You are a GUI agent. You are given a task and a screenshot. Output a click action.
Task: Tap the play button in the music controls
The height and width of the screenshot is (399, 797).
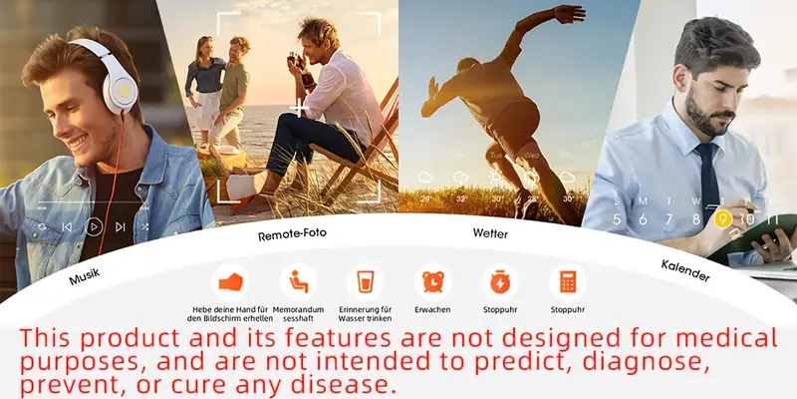tap(94, 227)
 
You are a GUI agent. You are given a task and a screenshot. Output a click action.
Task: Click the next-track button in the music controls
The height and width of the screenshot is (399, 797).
tap(121, 227)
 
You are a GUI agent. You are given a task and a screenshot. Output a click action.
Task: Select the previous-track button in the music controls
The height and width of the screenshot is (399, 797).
tap(67, 227)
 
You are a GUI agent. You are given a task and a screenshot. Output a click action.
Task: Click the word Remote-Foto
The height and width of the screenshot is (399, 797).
tap(292, 234)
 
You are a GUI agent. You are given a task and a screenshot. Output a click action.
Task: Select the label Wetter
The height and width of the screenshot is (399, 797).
tap(490, 233)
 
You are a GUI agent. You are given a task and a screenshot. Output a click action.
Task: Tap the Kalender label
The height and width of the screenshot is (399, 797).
tap(685, 269)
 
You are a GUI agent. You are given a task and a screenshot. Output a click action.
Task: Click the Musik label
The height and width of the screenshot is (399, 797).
tap(85, 277)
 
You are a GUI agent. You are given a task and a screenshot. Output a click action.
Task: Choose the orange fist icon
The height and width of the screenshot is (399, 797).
tap(230, 281)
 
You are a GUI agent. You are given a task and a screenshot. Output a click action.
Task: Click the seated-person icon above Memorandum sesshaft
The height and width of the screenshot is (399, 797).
tap(297, 281)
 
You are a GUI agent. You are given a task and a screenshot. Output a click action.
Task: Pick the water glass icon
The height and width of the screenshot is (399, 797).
tap(365, 281)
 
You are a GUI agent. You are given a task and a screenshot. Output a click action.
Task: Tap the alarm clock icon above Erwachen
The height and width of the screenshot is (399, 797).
tap(432, 281)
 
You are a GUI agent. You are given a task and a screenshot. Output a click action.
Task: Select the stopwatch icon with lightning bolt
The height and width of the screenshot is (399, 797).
tap(500, 281)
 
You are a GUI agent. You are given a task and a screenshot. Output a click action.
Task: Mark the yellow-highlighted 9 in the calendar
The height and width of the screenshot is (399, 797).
tap(723, 219)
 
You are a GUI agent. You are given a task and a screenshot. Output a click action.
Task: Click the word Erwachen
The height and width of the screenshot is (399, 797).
tap(432, 310)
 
